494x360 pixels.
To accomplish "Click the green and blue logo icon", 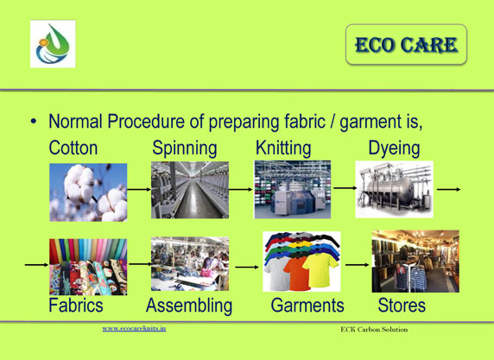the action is pyautogui.click(x=53, y=44).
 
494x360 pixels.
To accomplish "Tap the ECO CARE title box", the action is pyautogui.click(x=406, y=44).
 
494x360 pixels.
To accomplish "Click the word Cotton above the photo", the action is pyautogui.click(x=73, y=148).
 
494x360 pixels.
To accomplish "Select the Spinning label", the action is pyautogui.click(x=185, y=148).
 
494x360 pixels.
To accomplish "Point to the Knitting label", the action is pyautogui.click(x=283, y=148).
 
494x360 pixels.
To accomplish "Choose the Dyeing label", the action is pyautogui.click(x=394, y=148).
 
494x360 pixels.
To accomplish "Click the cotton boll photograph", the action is pyautogui.click(x=88, y=193).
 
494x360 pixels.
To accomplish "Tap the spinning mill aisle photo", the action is pyautogui.click(x=190, y=190).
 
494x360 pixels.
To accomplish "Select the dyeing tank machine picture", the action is pyautogui.click(x=394, y=189).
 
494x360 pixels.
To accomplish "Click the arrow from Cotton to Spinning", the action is pyautogui.click(x=139, y=189).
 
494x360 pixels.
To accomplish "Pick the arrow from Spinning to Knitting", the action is pyautogui.click(x=241, y=189).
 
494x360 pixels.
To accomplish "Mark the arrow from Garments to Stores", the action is pyautogui.click(x=358, y=265).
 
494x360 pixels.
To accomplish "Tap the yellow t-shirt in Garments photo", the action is pyautogui.click(x=320, y=269).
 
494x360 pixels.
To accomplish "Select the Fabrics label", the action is pyautogui.click(x=76, y=306).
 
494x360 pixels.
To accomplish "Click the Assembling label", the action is pyautogui.click(x=189, y=306).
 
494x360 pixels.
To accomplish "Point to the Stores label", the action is pyautogui.click(x=402, y=306).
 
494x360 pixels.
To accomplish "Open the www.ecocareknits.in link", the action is pyautogui.click(x=134, y=329).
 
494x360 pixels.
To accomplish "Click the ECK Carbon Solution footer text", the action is pyautogui.click(x=374, y=330).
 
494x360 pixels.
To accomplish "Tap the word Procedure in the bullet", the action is pyautogui.click(x=146, y=121).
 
